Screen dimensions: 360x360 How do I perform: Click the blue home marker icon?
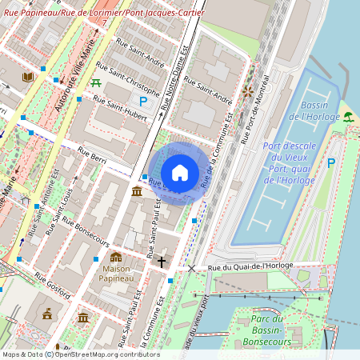click(180, 172)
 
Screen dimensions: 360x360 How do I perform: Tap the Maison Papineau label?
click(116, 274)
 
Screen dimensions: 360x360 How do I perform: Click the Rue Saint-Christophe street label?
click(127, 77)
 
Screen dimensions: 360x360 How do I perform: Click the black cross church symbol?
click(161, 262)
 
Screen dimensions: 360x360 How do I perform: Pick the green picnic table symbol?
click(96, 82)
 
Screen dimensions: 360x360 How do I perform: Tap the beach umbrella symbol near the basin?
click(349, 117)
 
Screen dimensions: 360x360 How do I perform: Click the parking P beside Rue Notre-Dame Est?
click(143, 101)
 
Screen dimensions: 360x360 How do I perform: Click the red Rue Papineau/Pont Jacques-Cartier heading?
click(104, 14)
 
